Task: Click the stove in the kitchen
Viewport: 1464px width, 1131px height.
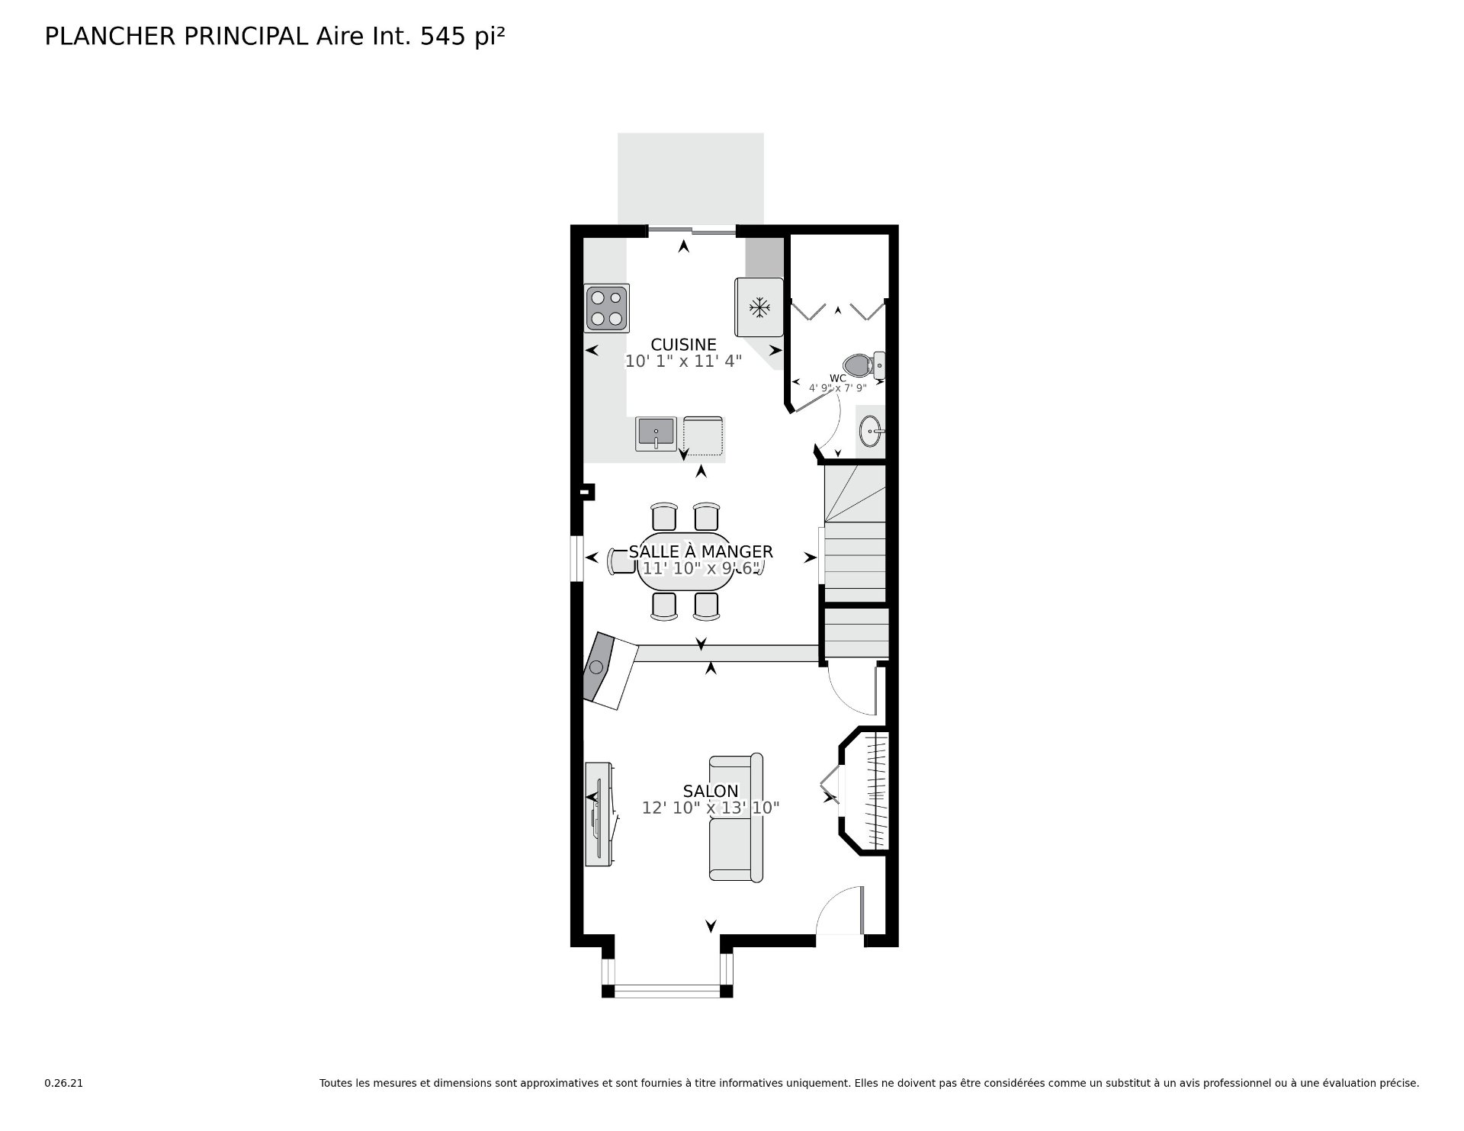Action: pyautogui.click(x=607, y=308)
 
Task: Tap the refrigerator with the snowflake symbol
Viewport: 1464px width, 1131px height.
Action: pyautogui.click(x=759, y=307)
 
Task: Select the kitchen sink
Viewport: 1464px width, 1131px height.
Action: pyautogui.click(x=656, y=434)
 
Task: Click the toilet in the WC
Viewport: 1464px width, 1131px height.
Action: pyautogui.click(x=865, y=365)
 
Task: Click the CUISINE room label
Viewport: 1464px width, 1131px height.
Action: pyautogui.click(x=683, y=345)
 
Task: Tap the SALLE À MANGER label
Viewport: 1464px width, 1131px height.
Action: pyautogui.click(x=701, y=551)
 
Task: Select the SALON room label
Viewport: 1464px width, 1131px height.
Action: pyautogui.click(x=711, y=791)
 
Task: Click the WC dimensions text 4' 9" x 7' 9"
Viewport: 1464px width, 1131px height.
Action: pyautogui.click(x=838, y=388)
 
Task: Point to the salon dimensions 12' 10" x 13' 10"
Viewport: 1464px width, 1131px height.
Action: pyautogui.click(x=711, y=808)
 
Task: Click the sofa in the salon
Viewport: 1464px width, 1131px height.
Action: pyautogui.click(x=736, y=818)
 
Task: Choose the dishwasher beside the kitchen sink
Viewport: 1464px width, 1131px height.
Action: pyautogui.click(x=703, y=435)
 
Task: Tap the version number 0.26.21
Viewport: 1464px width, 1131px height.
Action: pyautogui.click(x=63, y=1083)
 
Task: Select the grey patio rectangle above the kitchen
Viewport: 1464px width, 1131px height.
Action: pyautogui.click(x=691, y=179)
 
